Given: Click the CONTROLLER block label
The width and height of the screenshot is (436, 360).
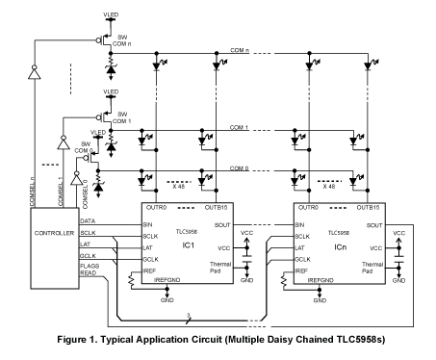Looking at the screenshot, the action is point(54,233).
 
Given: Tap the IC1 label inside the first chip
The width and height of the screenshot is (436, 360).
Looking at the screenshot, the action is point(189,245).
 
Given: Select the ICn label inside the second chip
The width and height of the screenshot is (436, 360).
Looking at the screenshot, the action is point(340,247).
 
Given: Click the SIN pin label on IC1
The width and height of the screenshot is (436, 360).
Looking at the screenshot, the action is point(147,225).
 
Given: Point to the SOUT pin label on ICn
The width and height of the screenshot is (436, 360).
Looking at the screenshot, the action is point(374,225).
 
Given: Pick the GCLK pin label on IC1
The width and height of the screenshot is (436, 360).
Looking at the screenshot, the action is point(150,259).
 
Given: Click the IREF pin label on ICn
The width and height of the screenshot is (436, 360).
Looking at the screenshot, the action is point(301,271).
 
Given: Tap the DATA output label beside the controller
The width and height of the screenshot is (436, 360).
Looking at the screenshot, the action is point(88,221).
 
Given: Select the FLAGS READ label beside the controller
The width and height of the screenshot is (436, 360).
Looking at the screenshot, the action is point(90,270).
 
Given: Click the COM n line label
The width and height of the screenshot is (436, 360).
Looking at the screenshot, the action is point(240,50).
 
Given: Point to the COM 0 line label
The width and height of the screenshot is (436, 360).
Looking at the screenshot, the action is point(239,168).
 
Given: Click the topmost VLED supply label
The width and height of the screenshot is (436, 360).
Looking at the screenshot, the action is point(111,14).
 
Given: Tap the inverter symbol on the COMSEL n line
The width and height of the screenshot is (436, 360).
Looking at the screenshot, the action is point(35,72).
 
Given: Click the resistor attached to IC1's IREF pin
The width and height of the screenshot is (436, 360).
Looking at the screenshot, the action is point(131,280).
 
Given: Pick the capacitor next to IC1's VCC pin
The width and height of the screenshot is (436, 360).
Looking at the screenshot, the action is point(246,258).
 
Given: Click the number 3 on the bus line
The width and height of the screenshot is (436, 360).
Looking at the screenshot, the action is point(189,316).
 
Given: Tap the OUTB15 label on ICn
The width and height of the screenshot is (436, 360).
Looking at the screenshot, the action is point(368,208).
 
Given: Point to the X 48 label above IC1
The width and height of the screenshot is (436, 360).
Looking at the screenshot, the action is point(178,187).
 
